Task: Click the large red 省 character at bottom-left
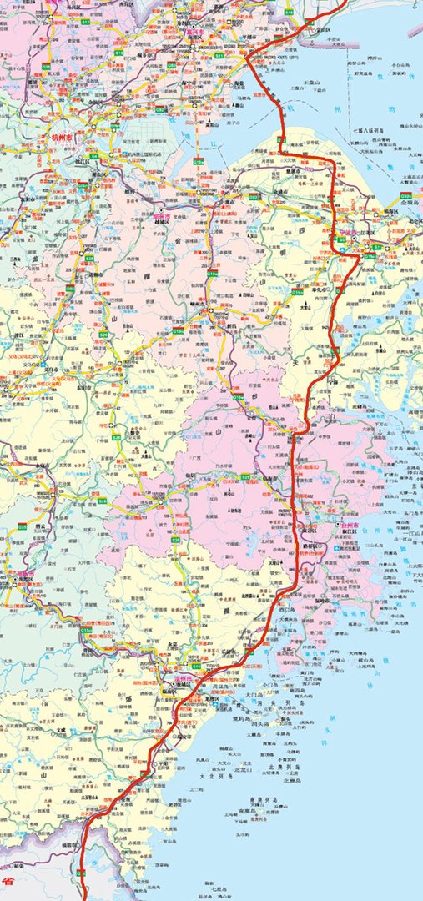coord(8,880)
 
